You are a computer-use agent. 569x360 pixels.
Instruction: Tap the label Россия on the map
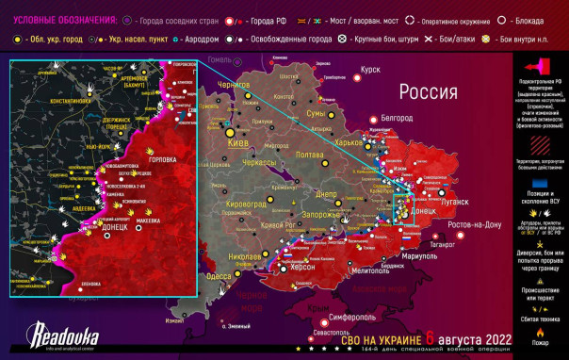tap(431, 91)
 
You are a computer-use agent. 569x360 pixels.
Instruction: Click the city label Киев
tap(239, 143)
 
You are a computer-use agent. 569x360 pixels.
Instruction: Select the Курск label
tap(370, 69)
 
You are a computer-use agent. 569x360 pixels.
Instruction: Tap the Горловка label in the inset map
tap(161, 159)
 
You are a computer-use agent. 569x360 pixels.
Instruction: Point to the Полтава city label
tap(310, 154)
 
